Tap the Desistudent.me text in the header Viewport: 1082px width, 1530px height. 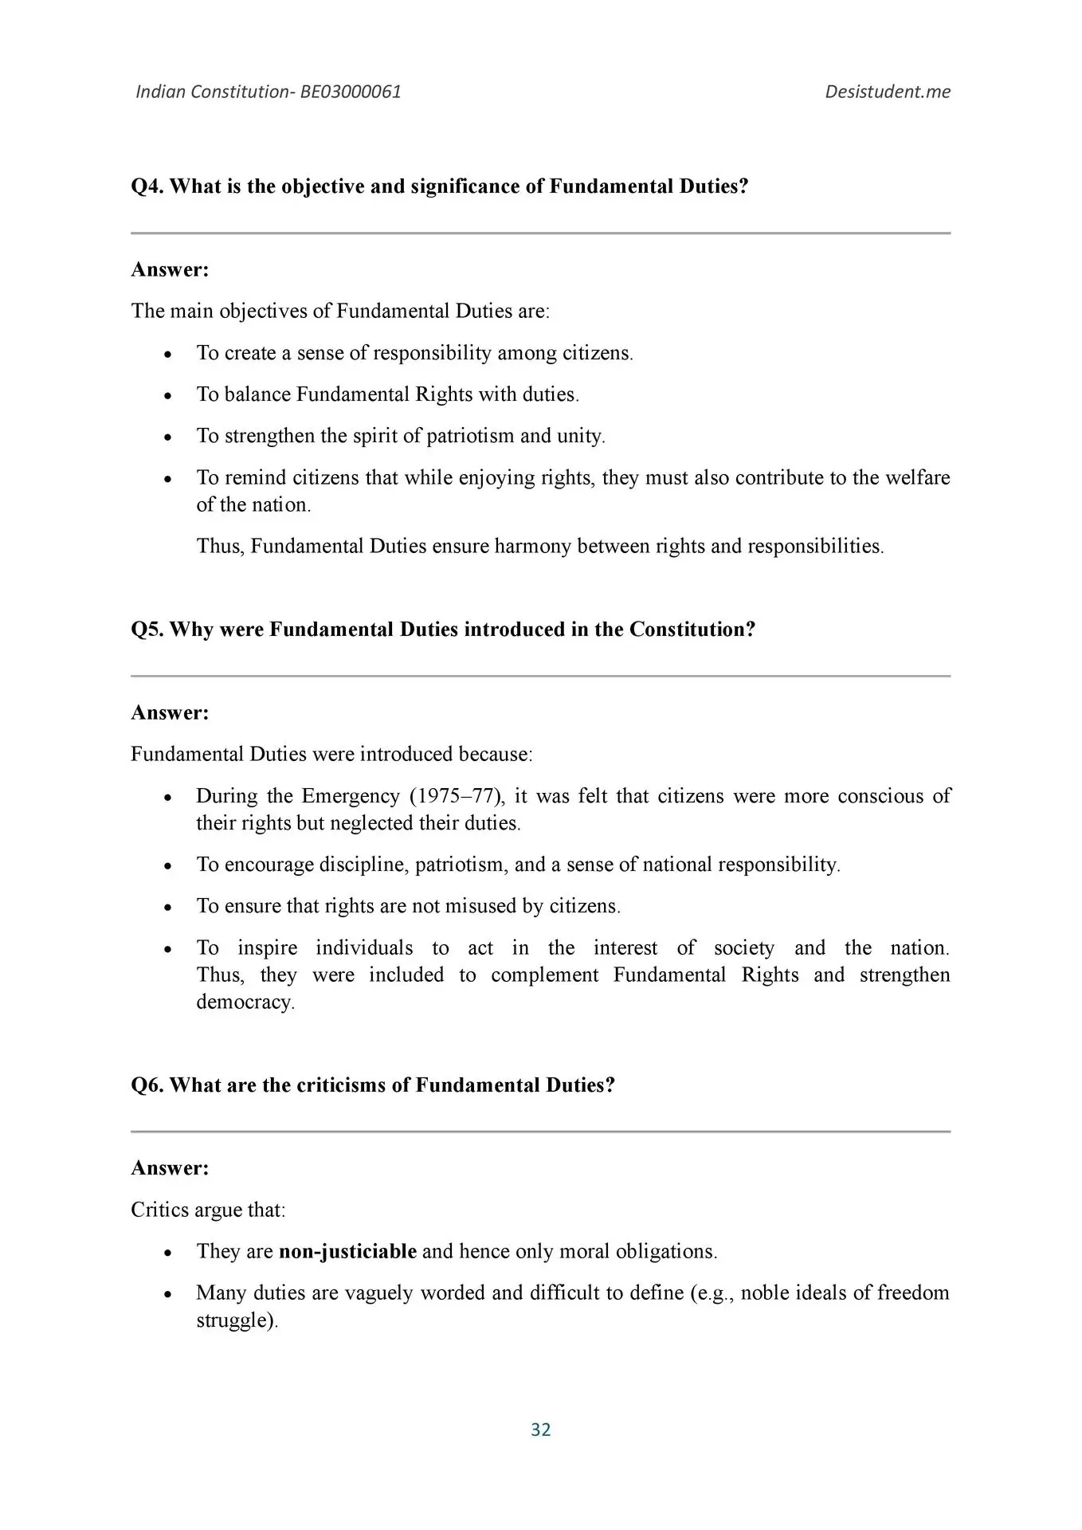pyautogui.click(x=888, y=92)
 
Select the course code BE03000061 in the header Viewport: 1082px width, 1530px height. pyautogui.click(x=351, y=92)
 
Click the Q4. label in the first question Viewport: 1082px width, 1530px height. pyautogui.click(x=147, y=186)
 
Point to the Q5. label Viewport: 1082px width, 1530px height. pyautogui.click(x=147, y=630)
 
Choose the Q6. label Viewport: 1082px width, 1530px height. pyautogui.click(x=147, y=1085)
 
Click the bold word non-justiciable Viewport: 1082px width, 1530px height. pyautogui.click(x=347, y=1251)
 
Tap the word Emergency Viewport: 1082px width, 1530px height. pyautogui.click(x=351, y=796)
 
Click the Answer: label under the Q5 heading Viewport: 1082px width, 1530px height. pyautogui.click(x=170, y=712)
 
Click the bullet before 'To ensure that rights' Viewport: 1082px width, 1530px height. pyautogui.click(x=167, y=908)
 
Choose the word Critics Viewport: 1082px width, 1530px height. pyautogui.click(x=159, y=1210)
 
